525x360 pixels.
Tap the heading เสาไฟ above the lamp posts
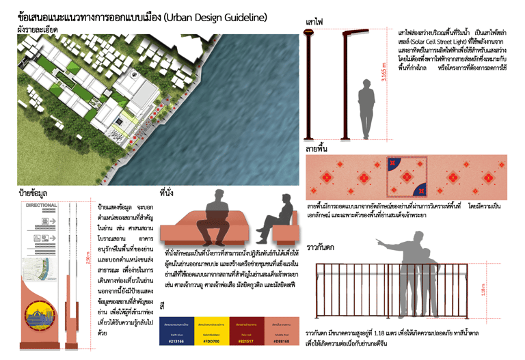click(x=314, y=23)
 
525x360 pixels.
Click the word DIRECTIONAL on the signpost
click(x=41, y=205)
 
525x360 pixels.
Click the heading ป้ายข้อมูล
click(x=33, y=193)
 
